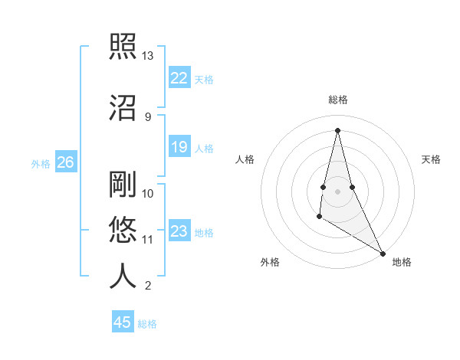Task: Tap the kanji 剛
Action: tap(123, 185)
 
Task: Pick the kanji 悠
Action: tap(123, 230)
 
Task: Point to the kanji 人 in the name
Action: tap(123, 276)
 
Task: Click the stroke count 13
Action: tap(148, 56)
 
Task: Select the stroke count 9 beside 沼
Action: tap(147, 116)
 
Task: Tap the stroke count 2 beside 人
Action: tap(147, 286)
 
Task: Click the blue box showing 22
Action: tap(179, 77)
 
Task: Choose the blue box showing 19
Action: tap(179, 147)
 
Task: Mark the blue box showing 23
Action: tap(179, 231)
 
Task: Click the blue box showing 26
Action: tap(65, 162)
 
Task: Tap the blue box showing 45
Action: tap(123, 322)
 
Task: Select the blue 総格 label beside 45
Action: tap(147, 324)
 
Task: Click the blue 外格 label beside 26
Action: tap(41, 163)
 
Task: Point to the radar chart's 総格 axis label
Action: tap(337, 100)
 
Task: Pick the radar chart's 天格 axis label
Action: tap(431, 159)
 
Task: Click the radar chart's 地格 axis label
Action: tap(402, 262)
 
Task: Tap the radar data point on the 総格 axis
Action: tap(337, 129)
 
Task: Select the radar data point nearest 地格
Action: tap(384, 254)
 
